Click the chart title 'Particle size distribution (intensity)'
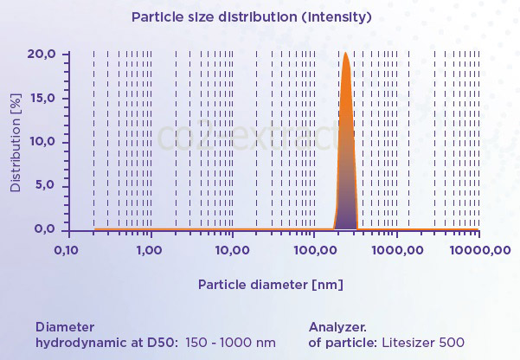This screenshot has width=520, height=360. tap(251, 16)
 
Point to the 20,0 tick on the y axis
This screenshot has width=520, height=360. tap(42, 55)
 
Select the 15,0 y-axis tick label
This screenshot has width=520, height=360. tap(42, 99)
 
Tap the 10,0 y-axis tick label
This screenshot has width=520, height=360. tap(42, 142)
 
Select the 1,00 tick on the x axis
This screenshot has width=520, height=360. tap(150, 250)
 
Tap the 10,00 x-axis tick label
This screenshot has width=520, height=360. tap(231, 250)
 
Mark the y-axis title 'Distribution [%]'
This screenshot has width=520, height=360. tap(15, 142)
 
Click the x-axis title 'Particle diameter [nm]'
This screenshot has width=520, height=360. tap(271, 284)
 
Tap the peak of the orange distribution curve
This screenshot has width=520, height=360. tap(346, 54)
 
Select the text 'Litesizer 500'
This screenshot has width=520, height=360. tap(424, 342)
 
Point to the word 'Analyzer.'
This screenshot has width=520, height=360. tap(337, 327)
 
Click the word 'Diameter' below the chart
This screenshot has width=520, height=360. tap(65, 327)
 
